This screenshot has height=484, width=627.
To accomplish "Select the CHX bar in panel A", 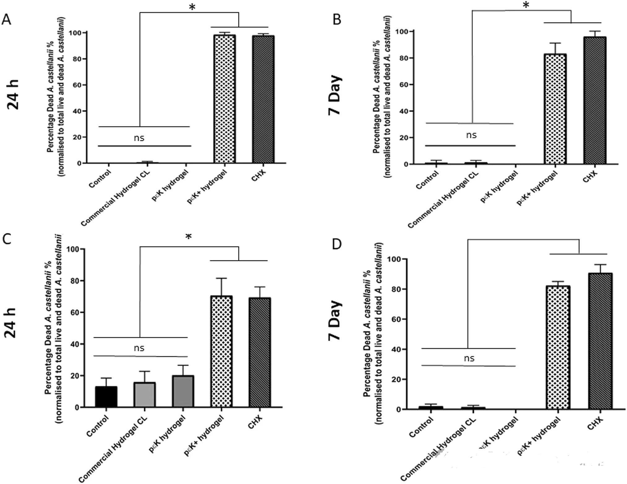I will coord(263,99).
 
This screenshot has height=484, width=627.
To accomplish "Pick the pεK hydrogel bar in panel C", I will coord(183,391).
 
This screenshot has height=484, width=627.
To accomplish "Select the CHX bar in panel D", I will coord(600,341).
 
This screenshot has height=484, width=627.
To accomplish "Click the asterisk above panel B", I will coord(526,6).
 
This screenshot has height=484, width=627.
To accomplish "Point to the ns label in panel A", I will coord(139,137).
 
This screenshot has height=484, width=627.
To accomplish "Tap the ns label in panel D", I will coord(469,358).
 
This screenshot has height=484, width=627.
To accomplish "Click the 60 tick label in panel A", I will coord(77,85).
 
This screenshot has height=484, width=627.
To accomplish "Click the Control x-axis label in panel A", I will coord(100,179).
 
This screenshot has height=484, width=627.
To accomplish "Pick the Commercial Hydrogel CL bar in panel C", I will coord(145,395).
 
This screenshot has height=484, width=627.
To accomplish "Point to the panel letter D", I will coord(336,244).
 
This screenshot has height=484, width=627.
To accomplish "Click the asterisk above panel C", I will coord(189,237).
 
